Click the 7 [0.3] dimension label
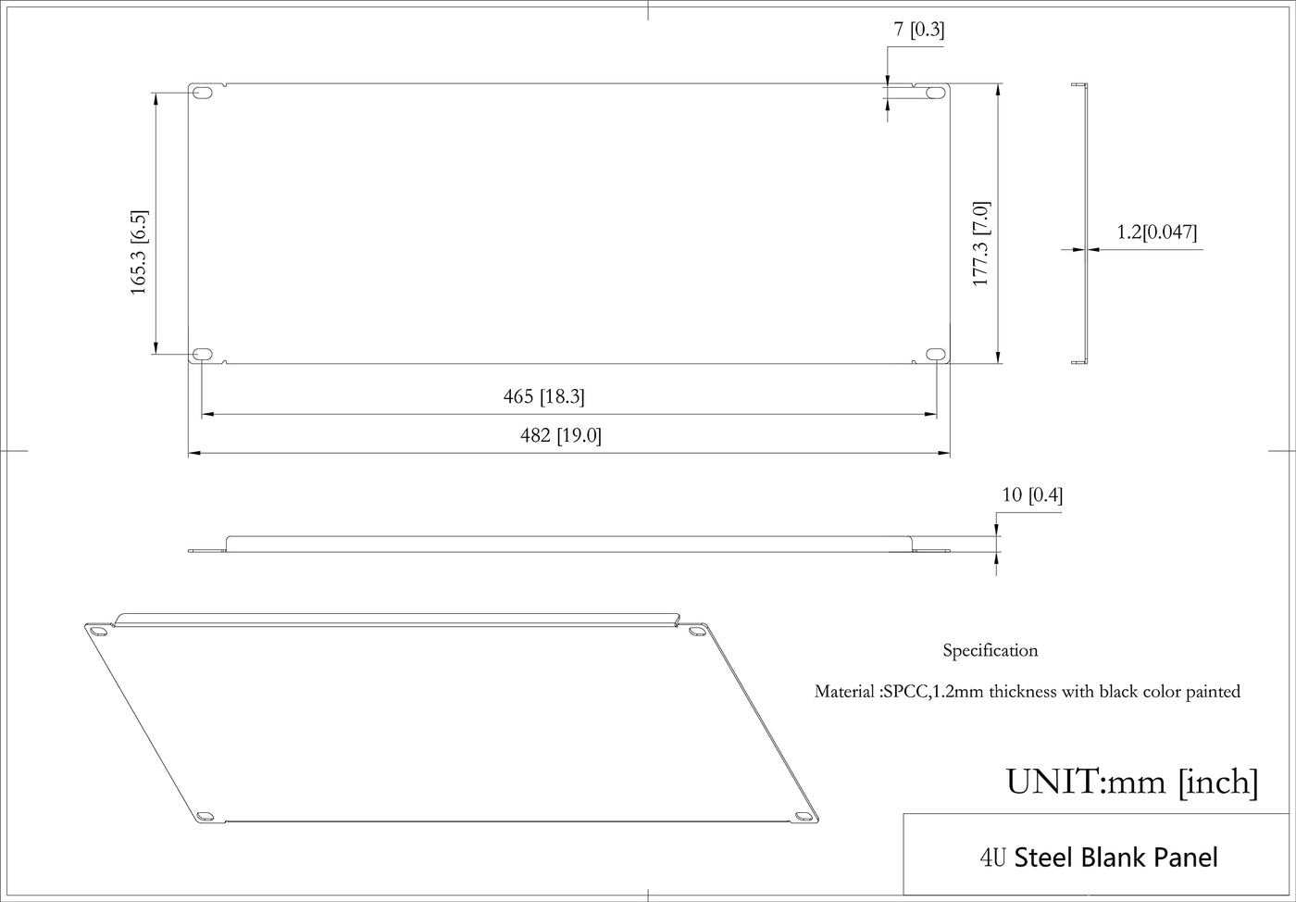(918, 29)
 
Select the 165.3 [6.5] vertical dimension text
(139, 253)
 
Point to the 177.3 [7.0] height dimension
(980, 244)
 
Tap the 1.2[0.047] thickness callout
(1156, 232)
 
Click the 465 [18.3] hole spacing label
(544, 396)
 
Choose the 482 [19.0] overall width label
(561, 435)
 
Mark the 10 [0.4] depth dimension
(1032, 495)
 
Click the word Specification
(991, 651)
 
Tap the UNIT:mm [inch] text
(1131, 783)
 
